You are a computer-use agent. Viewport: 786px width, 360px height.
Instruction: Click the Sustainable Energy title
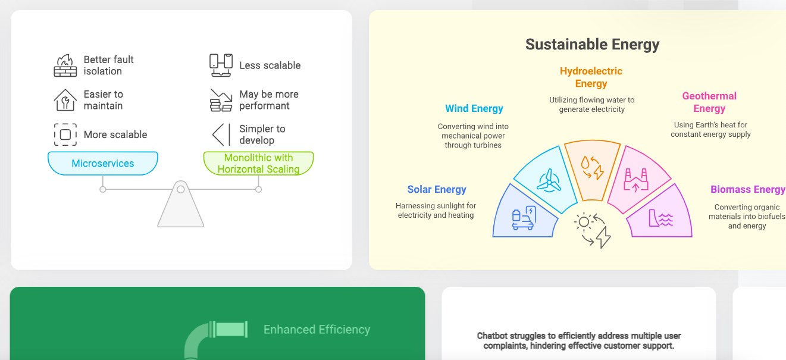tap(592, 45)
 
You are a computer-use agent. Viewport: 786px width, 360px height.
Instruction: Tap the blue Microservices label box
tap(103, 163)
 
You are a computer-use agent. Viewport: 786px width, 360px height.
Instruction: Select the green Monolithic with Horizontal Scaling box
tap(259, 163)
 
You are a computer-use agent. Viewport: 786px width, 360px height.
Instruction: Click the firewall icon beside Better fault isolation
tap(65, 65)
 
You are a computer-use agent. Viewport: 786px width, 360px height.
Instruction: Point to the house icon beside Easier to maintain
tap(65, 100)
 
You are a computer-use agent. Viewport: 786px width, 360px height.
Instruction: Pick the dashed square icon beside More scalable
tap(65, 134)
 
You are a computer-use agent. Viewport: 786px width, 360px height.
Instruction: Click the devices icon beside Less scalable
tap(221, 65)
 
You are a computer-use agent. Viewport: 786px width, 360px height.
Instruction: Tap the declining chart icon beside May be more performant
tap(221, 100)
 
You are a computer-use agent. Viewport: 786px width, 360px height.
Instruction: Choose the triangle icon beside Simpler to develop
tap(222, 134)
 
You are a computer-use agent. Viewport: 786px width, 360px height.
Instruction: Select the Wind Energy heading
tap(474, 108)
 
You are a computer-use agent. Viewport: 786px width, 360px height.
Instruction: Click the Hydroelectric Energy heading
tap(591, 77)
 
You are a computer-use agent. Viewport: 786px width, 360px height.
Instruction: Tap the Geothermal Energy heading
tap(709, 102)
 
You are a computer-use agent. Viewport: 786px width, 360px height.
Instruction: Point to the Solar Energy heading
tap(437, 189)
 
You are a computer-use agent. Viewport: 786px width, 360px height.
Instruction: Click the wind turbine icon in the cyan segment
tap(549, 181)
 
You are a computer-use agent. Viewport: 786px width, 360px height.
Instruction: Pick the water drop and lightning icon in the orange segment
tap(592, 168)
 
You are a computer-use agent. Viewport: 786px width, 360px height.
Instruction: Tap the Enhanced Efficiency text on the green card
tap(317, 330)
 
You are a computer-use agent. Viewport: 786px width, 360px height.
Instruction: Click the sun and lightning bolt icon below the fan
tap(593, 230)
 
